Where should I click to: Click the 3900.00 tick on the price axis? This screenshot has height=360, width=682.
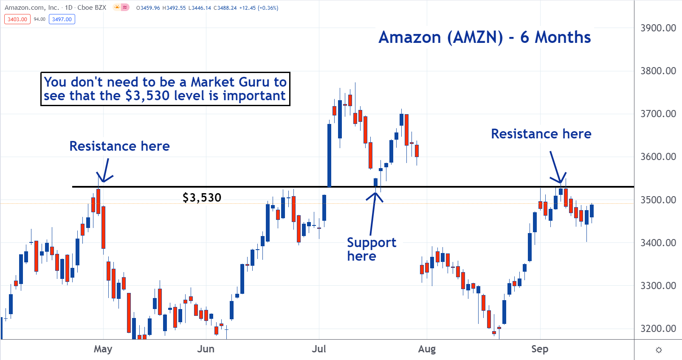[x=658, y=28]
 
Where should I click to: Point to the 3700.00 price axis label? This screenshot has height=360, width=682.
[x=658, y=114]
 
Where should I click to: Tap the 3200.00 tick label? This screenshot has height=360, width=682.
[x=658, y=329]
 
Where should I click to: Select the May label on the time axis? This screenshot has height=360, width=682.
[x=103, y=349]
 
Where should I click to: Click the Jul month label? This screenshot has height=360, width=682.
[x=319, y=349]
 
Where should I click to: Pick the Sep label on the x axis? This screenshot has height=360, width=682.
[x=540, y=349]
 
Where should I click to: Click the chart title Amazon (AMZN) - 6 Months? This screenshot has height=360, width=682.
[x=485, y=37]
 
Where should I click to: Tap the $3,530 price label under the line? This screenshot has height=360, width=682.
[x=202, y=198]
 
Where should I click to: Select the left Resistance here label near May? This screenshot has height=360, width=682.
[x=119, y=146]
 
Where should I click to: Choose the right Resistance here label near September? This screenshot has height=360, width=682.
[x=541, y=134]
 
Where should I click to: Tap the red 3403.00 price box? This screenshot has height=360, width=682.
[x=17, y=19]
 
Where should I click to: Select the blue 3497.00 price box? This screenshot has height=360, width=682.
[x=62, y=19]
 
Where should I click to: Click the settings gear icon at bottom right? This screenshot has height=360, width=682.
[x=659, y=350]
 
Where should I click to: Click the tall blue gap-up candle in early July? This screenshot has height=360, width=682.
[x=329, y=155]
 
